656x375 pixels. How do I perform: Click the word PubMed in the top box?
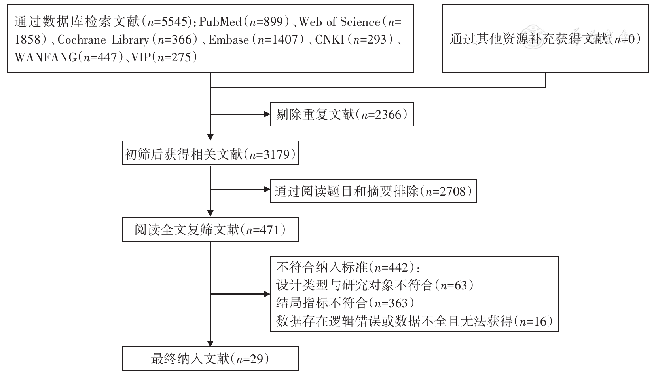220,22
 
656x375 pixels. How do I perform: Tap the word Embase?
229,40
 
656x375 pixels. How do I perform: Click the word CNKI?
330,40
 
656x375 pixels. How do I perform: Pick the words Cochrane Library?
103,40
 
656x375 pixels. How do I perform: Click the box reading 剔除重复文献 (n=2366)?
341,115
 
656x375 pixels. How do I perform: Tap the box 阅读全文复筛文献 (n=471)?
210,230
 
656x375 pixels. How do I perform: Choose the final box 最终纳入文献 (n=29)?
210,359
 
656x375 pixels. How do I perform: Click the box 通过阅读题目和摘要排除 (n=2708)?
373,192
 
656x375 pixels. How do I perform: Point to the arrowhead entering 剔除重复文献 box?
266,115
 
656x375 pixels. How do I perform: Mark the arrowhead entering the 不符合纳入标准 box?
266,294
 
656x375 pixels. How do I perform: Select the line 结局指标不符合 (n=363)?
345,303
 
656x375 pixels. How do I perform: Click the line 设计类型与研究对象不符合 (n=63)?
374,285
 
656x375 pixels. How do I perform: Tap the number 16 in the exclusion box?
539,321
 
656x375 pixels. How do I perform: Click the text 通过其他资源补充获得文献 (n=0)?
545,39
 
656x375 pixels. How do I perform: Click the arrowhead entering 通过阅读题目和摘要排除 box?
266,189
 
